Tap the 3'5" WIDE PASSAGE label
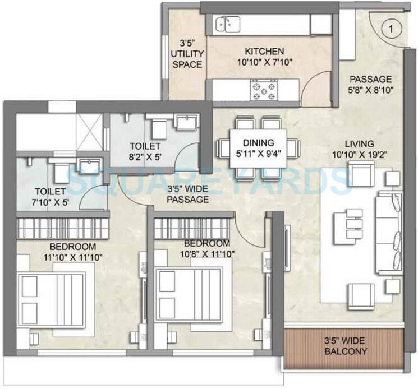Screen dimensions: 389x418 [187, 194]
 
